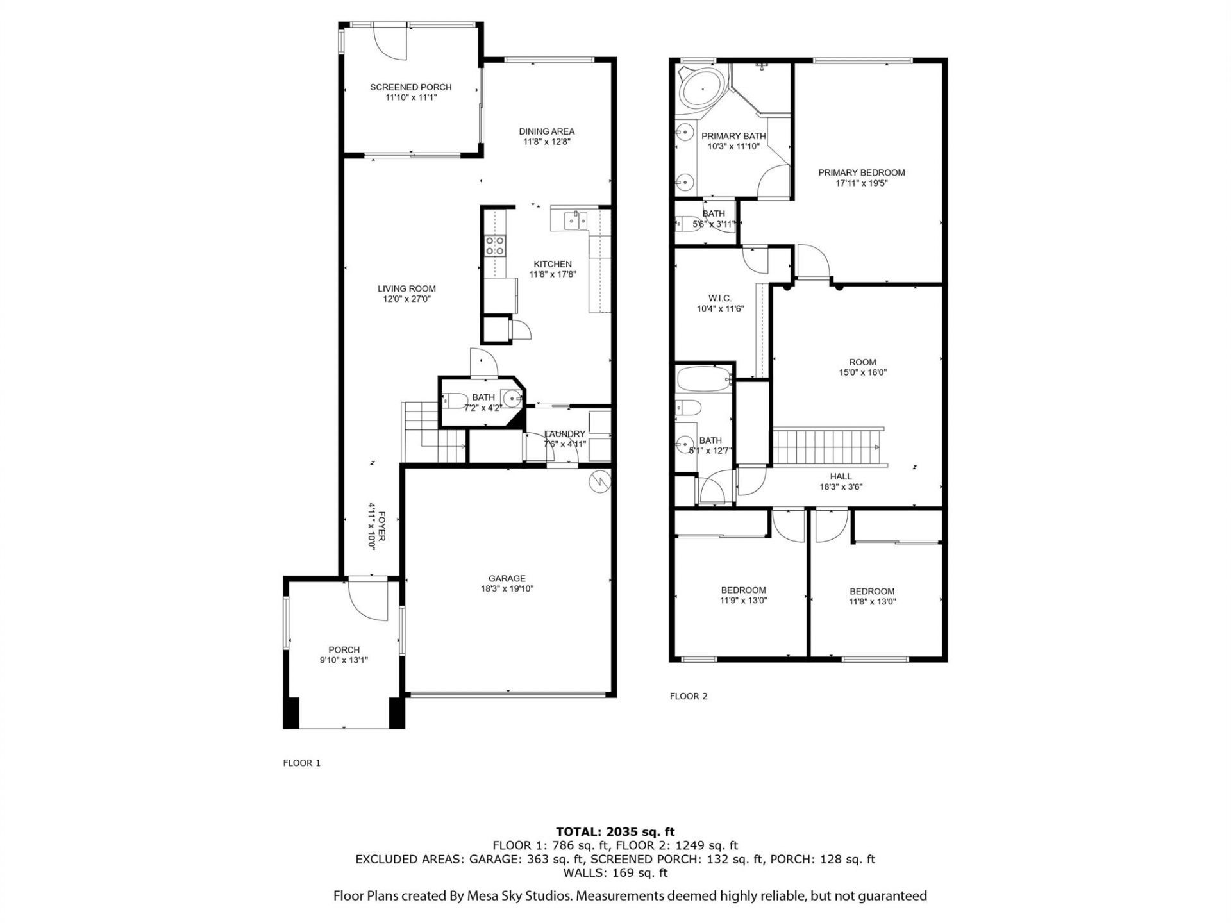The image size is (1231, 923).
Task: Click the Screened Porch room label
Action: click(x=410, y=87)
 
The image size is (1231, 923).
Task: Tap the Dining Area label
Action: click(x=546, y=131)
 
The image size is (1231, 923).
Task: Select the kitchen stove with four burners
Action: click(x=494, y=245)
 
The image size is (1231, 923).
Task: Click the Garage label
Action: click(x=507, y=578)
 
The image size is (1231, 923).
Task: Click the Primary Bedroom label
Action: click(x=861, y=172)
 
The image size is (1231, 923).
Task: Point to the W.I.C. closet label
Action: click(x=719, y=299)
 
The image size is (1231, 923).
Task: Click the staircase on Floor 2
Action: click(x=827, y=447)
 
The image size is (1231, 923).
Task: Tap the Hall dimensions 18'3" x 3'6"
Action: click(x=841, y=486)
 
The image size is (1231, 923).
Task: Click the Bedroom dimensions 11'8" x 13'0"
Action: click(x=872, y=602)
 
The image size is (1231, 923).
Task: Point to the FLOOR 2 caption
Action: click(x=688, y=696)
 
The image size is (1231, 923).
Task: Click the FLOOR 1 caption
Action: click(x=301, y=763)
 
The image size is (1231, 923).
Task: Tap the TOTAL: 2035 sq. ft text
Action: click(x=615, y=832)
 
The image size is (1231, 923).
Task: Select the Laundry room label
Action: click(x=564, y=434)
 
